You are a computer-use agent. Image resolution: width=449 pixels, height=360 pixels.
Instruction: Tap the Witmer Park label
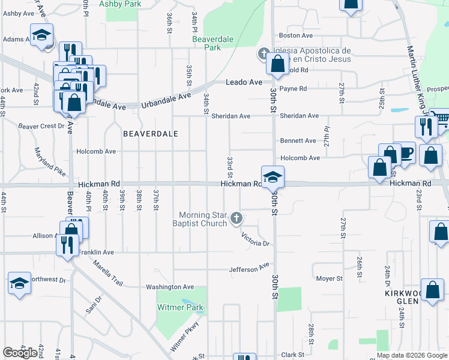[181, 308]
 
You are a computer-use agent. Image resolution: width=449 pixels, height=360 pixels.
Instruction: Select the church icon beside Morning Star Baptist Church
[237, 218]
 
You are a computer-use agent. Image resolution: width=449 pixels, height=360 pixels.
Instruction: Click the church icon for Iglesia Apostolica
[262, 54]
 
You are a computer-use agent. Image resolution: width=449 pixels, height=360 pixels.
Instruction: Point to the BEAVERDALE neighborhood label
[151, 134]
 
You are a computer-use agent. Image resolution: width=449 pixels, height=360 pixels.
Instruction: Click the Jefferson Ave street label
[249, 268]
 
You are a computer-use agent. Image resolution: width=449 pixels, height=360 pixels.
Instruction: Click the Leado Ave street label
[244, 82]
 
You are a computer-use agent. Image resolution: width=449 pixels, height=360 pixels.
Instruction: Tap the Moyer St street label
[330, 278]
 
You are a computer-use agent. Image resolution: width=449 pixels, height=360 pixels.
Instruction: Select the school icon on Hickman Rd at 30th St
[272, 176]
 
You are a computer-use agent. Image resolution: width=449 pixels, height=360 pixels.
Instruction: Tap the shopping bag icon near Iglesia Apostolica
[278, 63]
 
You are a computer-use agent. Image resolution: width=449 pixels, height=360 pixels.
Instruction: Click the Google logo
[20, 353]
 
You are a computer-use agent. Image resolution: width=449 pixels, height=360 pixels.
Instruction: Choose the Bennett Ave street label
[298, 141]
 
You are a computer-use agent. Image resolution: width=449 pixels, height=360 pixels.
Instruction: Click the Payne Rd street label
[293, 89]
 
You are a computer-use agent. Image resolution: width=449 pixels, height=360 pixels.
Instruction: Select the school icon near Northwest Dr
[19, 283]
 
